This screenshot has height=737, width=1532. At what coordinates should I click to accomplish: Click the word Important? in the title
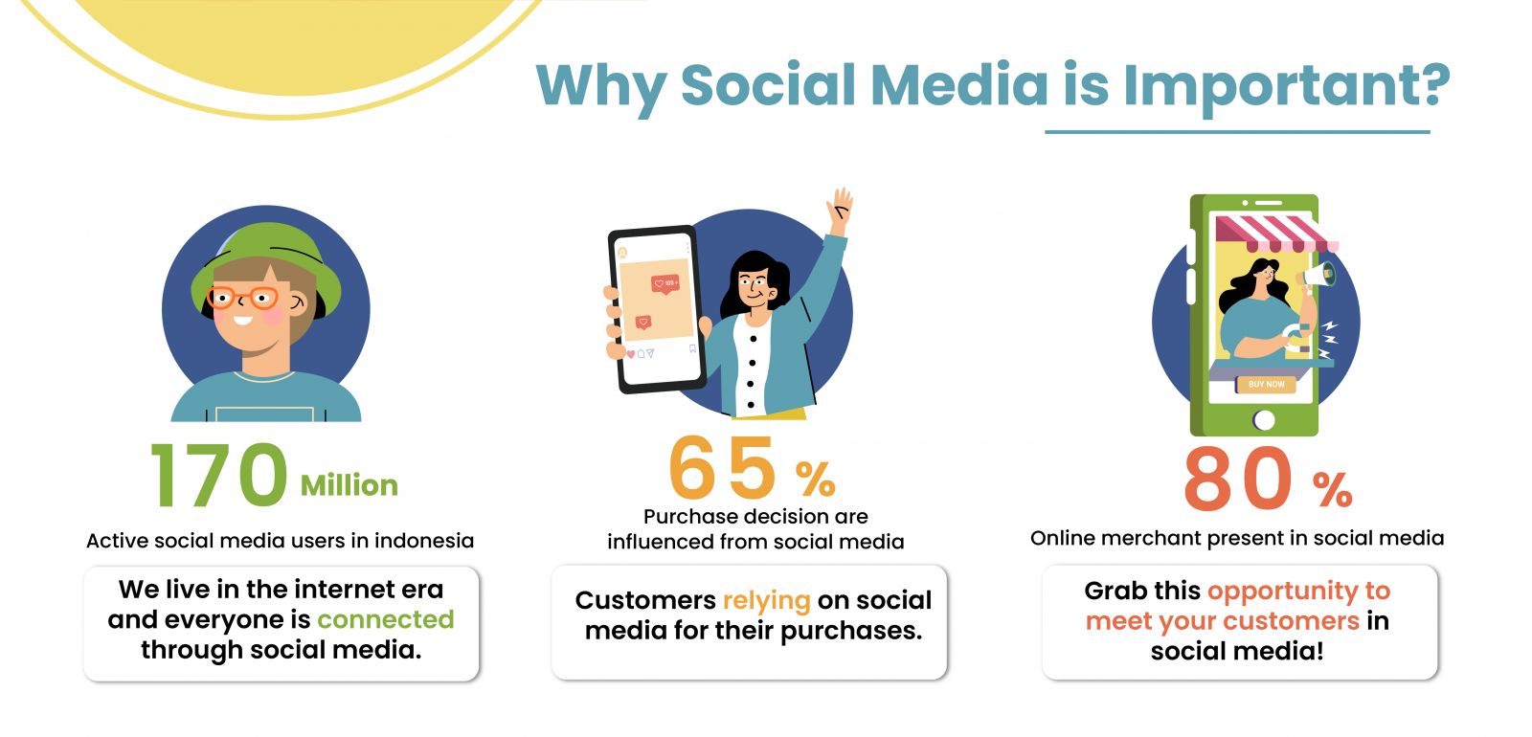pos(1287,87)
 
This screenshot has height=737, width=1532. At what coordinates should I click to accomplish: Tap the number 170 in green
pos(218,475)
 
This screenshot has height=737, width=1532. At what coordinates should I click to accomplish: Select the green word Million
pos(349,485)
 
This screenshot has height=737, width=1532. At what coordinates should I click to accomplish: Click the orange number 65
pos(722,468)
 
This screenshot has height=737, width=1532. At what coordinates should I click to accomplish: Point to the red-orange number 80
pos(1238,478)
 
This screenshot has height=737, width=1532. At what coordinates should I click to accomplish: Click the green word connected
pos(385,619)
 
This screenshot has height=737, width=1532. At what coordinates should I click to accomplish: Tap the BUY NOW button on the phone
pos(1266,384)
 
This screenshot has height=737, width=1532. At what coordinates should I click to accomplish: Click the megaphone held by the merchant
pos(1317,276)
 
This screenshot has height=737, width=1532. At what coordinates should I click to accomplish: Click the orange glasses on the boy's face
pos(243,298)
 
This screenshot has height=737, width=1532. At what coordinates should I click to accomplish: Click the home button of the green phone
pos(1263,420)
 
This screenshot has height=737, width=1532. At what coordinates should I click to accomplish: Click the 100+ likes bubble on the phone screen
pos(665,283)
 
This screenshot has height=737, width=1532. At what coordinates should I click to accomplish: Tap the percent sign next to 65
pos(815,479)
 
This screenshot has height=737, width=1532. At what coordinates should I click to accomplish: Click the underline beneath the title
pos(1237,132)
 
